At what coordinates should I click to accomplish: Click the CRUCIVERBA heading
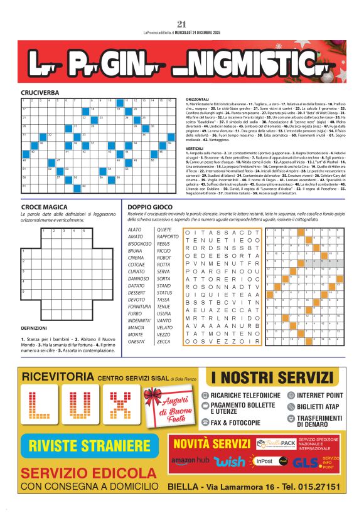tap(40, 92)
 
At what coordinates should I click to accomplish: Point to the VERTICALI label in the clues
tap(197, 148)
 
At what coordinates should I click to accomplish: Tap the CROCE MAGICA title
tap(43, 206)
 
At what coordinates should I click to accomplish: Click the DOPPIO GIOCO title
tap(149, 206)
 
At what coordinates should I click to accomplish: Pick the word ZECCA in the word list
tap(163, 342)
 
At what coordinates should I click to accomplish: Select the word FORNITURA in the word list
tap(140, 307)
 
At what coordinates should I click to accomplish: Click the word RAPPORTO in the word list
tap(168, 236)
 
